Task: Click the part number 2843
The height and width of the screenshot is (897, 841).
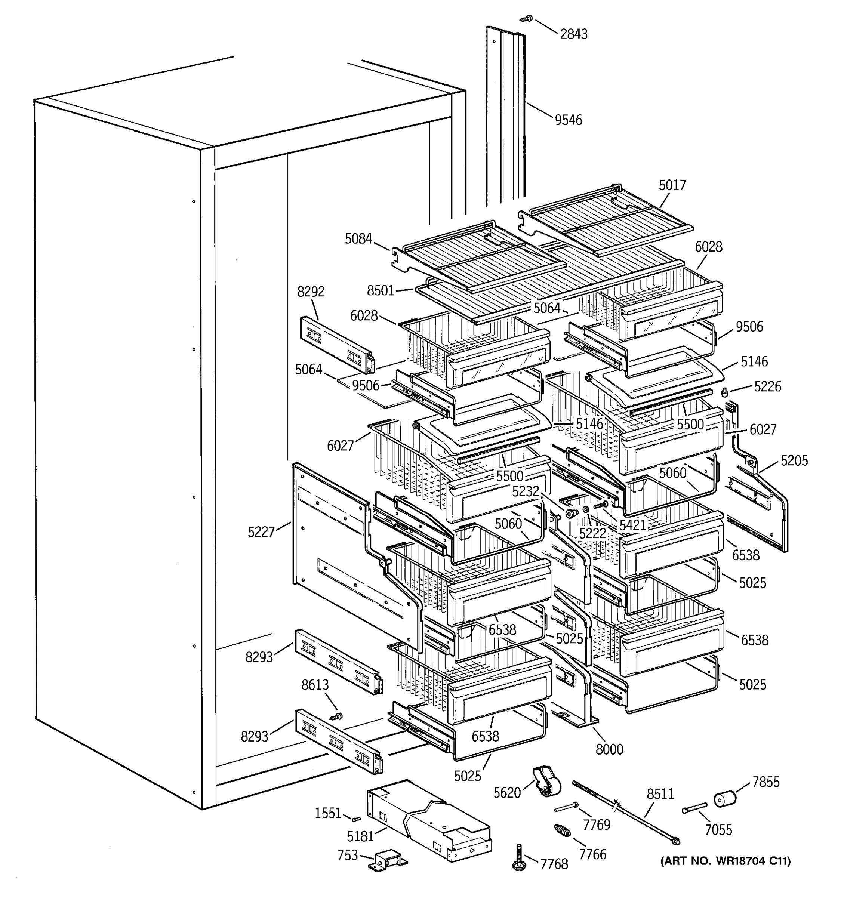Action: pyautogui.click(x=573, y=34)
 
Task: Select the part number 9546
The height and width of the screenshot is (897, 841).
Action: pyautogui.click(x=568, y=120)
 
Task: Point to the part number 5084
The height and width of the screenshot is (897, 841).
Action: pyautogui.click(x=359, y=239)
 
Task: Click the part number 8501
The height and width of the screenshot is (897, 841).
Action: pyautogui.click(x=381, y=290)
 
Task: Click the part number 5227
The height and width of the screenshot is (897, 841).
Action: pyautogui.click(x=261, y=532)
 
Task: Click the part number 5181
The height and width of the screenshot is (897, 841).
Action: pyautogui.click(x=360, y=836)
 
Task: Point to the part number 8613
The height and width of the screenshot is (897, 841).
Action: pyautogui.click(x=315, y=684)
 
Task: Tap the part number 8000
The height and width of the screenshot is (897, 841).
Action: pyautogui.click(x=609, y=749)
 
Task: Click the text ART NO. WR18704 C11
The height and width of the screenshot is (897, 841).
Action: pyautogui.click(x=725, y=861)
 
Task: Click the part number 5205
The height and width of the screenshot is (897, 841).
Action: pyautogui.click(x=794, y=461)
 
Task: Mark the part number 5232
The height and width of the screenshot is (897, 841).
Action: pyautogui.click(x=526, y=491)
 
